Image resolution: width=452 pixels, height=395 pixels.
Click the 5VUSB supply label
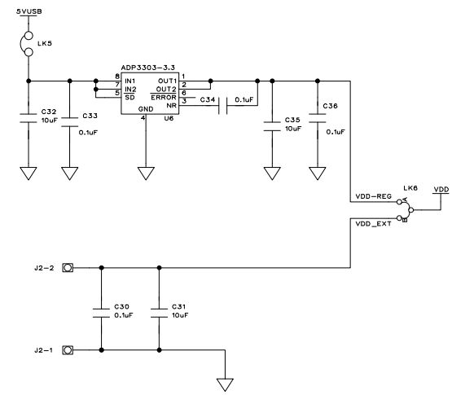coord(29,10)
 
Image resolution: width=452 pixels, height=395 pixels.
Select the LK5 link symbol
coord(29,45)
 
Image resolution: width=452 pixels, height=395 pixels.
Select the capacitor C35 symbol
coord(271,123)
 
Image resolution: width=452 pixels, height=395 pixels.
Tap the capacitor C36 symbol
coord(315,123)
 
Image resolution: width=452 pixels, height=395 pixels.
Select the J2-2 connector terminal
coord(69,268)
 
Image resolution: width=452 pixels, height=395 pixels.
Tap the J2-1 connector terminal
coord(69,350)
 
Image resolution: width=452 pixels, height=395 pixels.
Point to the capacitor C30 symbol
coord(101,309)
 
